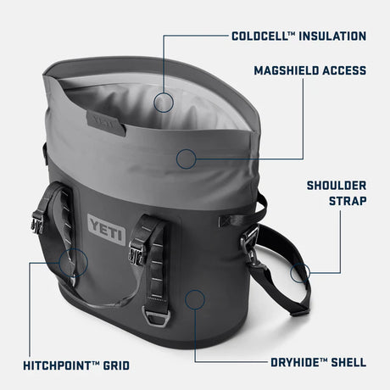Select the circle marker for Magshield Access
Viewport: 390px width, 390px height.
coord(187,157)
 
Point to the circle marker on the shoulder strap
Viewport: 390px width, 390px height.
coord(300,272)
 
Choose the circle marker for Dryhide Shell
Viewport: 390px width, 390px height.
coord(196,298)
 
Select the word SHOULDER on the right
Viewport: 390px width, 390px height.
coord(337,185)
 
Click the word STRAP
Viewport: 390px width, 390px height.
coord(347,201)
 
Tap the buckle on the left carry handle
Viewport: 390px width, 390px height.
coord(38,224)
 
